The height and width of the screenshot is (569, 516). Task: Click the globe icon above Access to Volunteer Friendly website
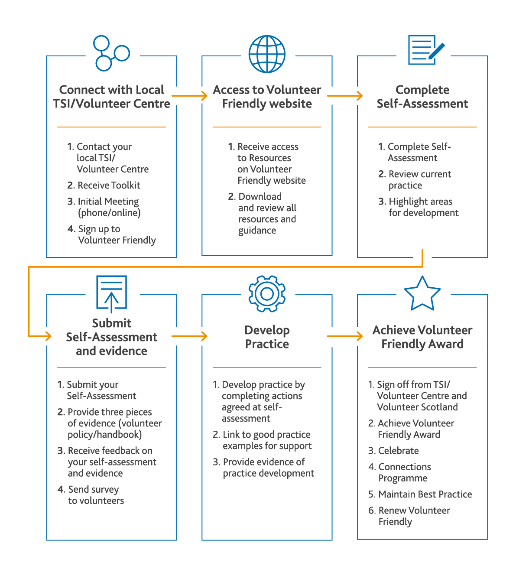pyautogui.click(x=267, y=54)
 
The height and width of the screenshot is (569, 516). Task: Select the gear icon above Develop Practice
pyautogui.click(x=267, y=294)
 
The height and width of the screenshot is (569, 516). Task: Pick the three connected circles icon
pyautogui.click(x=111, y=53)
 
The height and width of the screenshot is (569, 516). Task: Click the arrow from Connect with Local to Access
pyautogui.click(x=189, y=96)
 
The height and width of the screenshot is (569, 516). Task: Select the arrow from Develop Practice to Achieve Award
pyautogui.click(x=345, y=336)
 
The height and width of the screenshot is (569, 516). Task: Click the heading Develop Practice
pyautogui.click(x=267, y=337)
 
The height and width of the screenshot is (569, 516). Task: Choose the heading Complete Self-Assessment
pyautogui.click(x=422, y=97)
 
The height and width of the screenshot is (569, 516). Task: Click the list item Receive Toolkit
pyautogui.click(x=104, y=185)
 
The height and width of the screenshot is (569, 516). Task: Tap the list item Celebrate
pyautogui.click(x=393, y=451)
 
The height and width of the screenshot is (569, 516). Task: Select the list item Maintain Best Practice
pyautogui.click(x=420, y=494)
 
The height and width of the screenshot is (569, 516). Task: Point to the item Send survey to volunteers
pyautogui.click(x=91, y=495)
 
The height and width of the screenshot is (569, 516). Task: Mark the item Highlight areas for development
pyautogui.click(x=419, y=207)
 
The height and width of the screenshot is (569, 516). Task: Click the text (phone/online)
pyautogui.click(x=109, y=213)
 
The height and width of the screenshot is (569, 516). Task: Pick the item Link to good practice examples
pyautogui.click(x=263, y=440)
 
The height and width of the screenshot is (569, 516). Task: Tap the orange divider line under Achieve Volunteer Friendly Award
pyautogui.click(x=422, y=367)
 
